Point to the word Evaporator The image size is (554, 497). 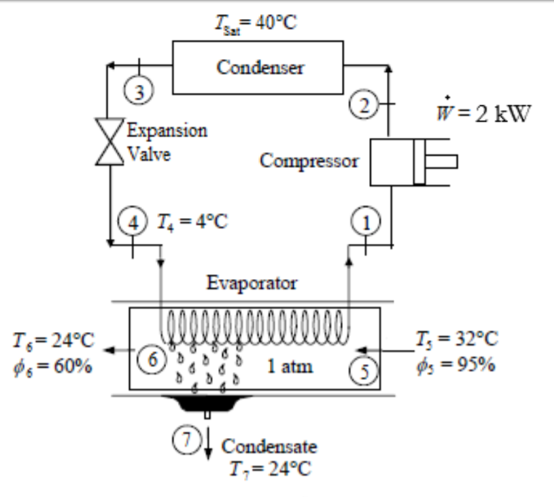click(x=252, y=283)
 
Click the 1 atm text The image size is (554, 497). click(x=290, y=367)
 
